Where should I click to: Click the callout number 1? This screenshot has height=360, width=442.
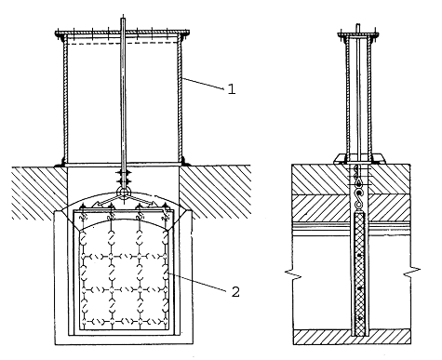click(232, 89)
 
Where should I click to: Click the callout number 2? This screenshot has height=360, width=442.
click(235, 291)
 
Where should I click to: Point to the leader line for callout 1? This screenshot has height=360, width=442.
click(203, 84)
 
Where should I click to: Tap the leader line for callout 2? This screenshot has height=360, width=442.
click(197, 282)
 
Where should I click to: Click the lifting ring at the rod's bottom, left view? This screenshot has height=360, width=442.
click(123, 192)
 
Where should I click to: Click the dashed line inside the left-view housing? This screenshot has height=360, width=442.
click(123, 44)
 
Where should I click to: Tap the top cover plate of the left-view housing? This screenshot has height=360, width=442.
click(123, 33)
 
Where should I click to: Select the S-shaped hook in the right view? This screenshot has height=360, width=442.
click(359, 199)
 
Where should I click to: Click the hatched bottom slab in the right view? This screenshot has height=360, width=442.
click(352, 337)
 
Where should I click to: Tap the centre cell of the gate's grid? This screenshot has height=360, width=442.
click(125, 273)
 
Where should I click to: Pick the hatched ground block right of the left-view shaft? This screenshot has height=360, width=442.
click(215, 192)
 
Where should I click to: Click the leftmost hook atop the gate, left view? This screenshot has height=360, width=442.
click(83, 213)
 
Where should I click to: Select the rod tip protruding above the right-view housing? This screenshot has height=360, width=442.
click(357, 27)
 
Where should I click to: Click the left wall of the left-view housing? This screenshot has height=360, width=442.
click(65, 100)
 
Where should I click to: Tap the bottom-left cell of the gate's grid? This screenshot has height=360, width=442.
click(97, 305)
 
